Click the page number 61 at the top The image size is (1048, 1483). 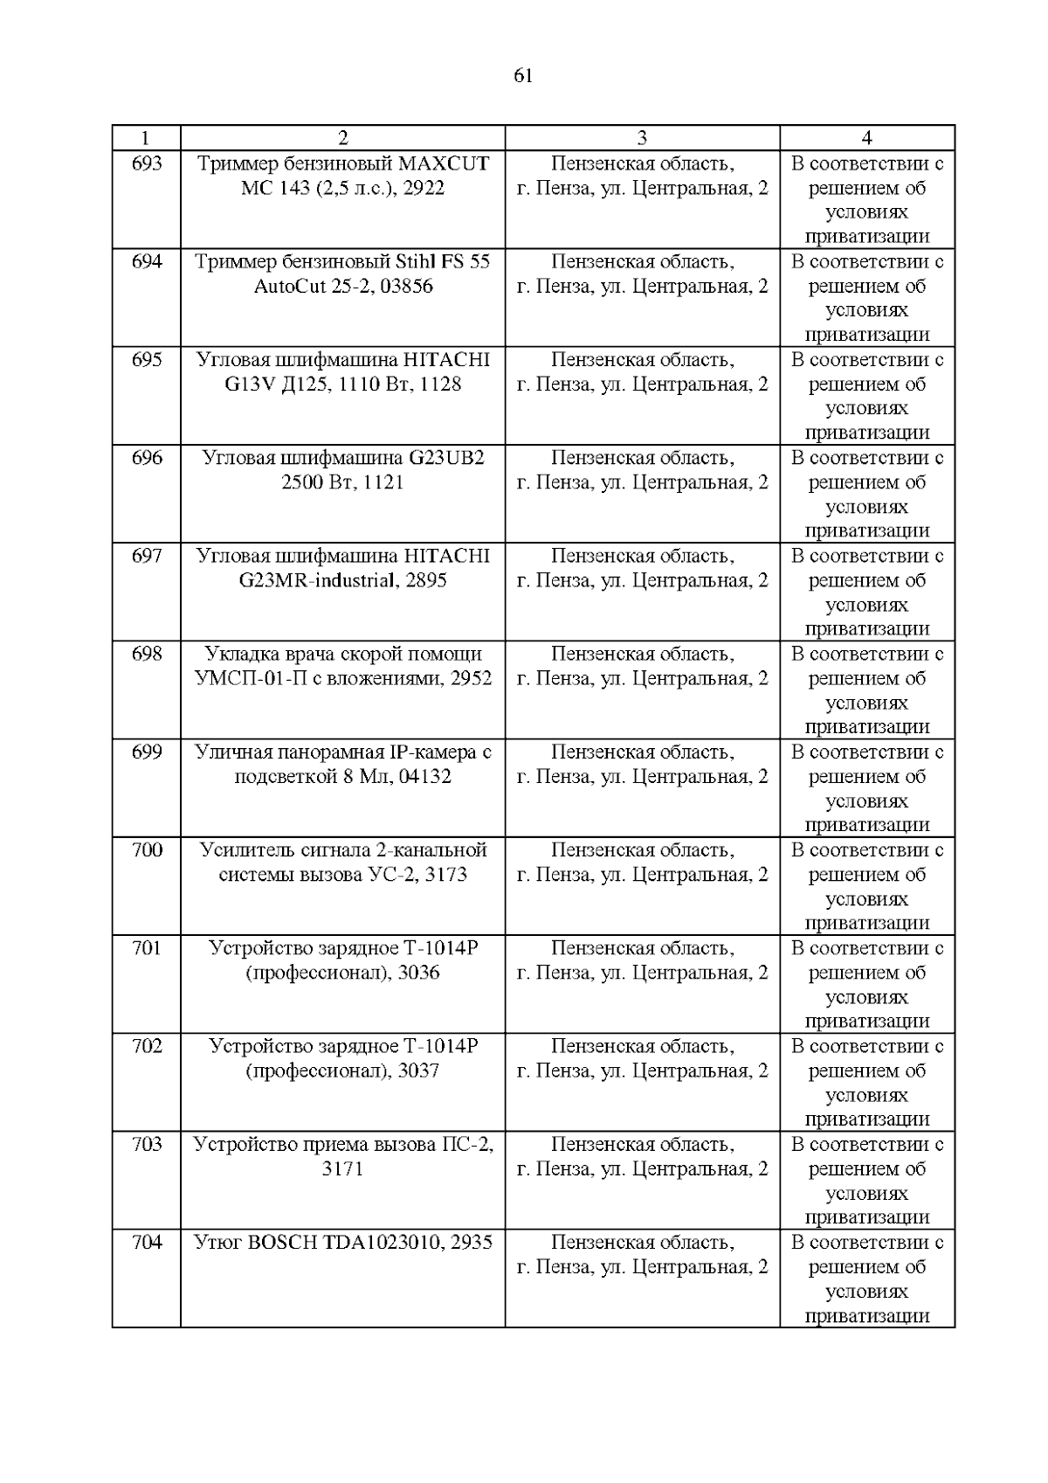pyautogui.click(x=523, y=76)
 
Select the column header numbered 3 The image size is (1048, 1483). pyautogui.click(x=642, y=137)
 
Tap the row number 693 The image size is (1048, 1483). pyautogui.click(x=146, y=163)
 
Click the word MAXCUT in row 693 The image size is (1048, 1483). pyautogui.click(x=444, y=163)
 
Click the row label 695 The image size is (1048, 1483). pyautogui.click(x=146, y=360)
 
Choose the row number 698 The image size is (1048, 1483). pyautogui.click(x=146, y=655)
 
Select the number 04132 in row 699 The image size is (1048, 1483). pyautogui.click(x=424, y=777)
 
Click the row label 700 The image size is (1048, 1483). pyautogui.click(x=146, y=850)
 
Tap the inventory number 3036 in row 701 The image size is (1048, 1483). pyautogui.click(x=418, y=974)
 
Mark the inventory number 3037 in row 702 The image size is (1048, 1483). pyautogui.click(x=418, y=1071)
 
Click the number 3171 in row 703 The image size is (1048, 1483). pyautogui.click(x=342, y=1169)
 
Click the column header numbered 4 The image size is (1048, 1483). pyautogui.click(x=866, y=137)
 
